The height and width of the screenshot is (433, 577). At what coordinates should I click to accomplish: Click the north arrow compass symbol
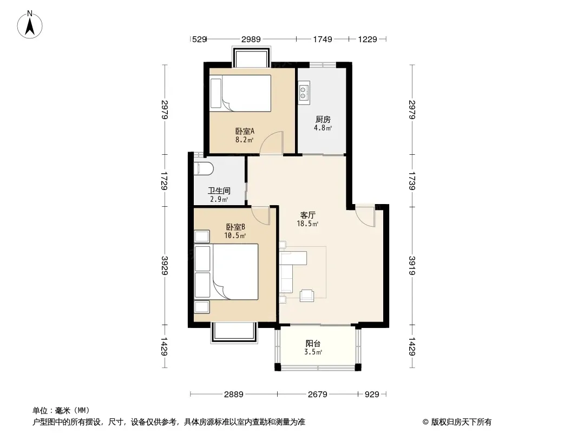point(30,24)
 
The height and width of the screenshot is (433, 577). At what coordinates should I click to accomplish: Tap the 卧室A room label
point(245,131)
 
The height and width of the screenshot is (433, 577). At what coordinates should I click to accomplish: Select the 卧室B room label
point(235,227)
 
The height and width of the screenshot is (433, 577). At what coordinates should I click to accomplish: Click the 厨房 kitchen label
point(323,119)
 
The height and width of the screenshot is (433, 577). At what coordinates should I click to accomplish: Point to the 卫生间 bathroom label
point(219,191)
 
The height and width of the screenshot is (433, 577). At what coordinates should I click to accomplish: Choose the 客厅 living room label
point(307,215)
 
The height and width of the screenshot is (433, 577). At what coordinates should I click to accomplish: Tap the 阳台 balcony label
point(313,343)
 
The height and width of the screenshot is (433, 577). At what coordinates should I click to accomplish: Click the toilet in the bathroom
point(204,169)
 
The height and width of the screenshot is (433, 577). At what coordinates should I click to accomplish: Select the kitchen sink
point(304,93)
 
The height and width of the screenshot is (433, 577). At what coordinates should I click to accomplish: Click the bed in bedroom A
point(240,93)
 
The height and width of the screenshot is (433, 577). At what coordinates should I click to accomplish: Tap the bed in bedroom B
point(226,272)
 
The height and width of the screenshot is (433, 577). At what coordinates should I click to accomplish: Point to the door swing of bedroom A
point(272,142)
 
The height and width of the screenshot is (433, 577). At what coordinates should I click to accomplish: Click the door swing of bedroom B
point(261,215)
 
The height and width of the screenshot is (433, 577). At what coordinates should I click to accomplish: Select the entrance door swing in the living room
point(365,215)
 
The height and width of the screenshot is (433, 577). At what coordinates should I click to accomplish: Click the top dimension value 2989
point(251,39)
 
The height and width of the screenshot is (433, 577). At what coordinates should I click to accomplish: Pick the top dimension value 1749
point(323,39)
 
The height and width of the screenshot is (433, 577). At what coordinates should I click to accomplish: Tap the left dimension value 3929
point(165,266)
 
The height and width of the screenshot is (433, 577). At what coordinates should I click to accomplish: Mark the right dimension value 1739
point(412,181)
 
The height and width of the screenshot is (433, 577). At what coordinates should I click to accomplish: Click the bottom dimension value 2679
point(318,395)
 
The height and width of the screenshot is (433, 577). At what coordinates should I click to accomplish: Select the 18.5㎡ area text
point(307,224)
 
